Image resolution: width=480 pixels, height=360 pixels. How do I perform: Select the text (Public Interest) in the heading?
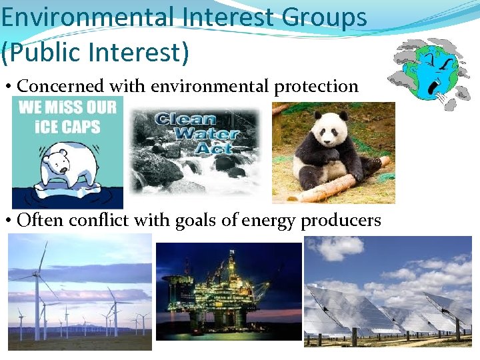point(95,52)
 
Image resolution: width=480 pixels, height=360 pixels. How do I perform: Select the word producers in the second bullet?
point(341,221)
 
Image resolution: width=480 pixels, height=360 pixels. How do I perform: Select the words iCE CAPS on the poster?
point(67,127)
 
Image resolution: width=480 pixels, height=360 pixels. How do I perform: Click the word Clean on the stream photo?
point(186,120)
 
